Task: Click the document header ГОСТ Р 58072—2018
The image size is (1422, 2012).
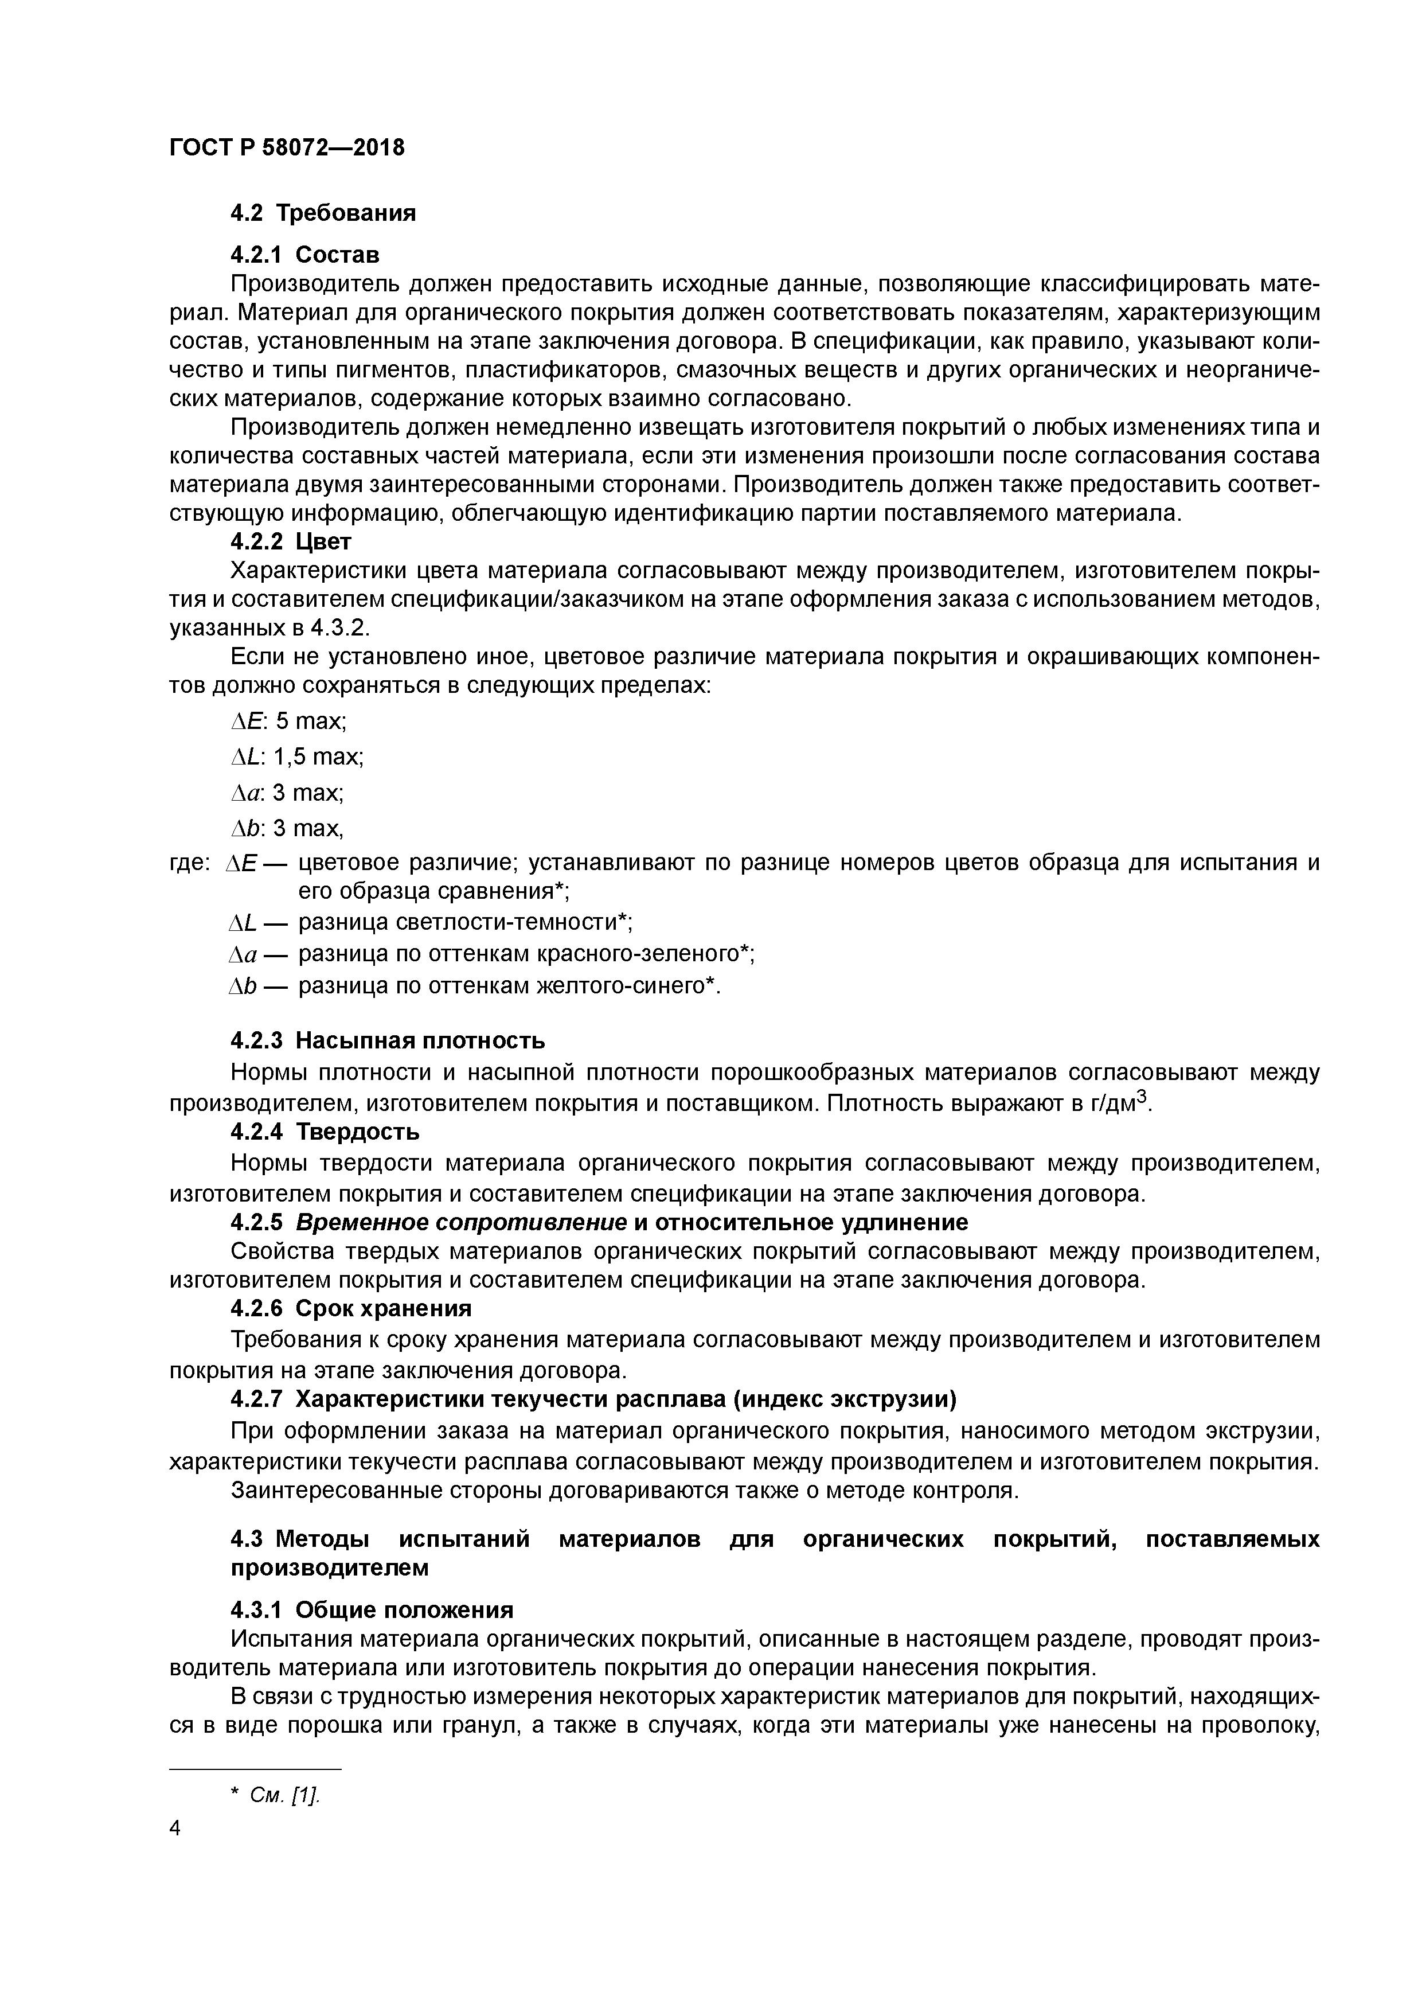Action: [x=287, y=147]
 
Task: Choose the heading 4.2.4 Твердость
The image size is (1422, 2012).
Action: [x=324, y=1132]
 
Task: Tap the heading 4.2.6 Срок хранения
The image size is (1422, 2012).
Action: [x=350, y=1308]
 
